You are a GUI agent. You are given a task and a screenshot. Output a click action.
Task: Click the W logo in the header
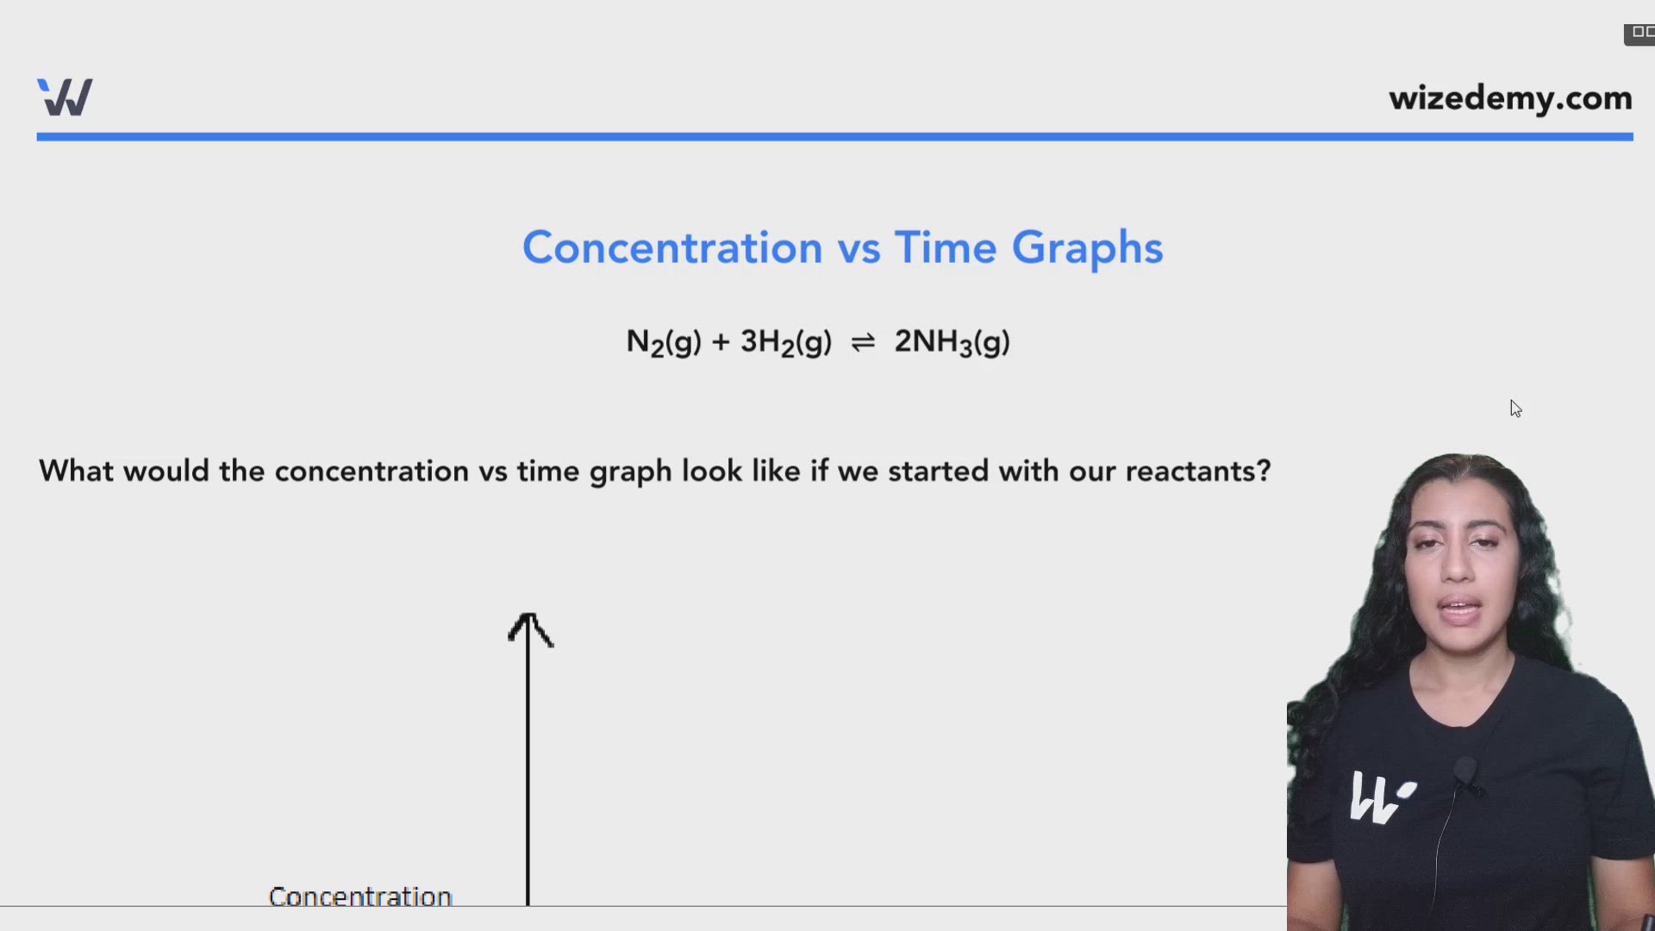click(65, 97)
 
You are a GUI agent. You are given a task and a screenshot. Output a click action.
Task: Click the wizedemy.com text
click(1510, 98)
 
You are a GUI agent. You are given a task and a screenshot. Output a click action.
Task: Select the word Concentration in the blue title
click(672, 248)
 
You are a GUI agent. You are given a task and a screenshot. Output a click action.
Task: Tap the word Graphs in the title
click(1087, 248)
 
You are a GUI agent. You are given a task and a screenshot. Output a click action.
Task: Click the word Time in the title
click(946, 248)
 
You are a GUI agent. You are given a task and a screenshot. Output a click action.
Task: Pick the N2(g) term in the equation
click(663, 342)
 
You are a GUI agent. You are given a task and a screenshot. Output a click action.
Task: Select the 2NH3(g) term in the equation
click(952, 342)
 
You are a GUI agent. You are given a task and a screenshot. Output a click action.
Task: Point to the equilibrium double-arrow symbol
click(863, 343)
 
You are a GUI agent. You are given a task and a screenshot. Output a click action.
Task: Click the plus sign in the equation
click(721, 342)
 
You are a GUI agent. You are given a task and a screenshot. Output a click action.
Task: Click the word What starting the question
click(77, 472)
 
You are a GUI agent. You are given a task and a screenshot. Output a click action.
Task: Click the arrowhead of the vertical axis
click(529, 628)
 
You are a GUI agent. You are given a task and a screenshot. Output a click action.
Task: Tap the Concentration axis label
click(360, 897)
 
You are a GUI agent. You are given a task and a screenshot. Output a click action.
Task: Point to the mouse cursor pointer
click(1515, 409)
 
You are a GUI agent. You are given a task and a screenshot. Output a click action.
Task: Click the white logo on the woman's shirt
click(1381, 797)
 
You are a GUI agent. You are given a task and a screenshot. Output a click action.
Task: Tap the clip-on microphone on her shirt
click(1465, 770)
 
